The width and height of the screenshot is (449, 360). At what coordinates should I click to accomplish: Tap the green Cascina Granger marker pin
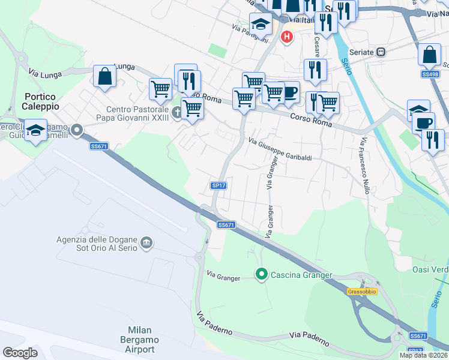click(x=261, y=275)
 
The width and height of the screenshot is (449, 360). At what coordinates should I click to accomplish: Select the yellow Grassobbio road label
click(x=362, y=292)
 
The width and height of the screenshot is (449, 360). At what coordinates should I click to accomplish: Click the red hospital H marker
click(x=287, y=37)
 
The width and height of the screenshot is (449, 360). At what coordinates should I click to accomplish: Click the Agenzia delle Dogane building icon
click(x=146, y=243)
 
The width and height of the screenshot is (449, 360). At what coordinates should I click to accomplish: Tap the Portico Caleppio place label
click(x=41, y=101)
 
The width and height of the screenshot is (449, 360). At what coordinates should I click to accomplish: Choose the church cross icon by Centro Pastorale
click(x=176, y=113)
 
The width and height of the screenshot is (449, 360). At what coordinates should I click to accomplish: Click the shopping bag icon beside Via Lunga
click(x=104, y=77)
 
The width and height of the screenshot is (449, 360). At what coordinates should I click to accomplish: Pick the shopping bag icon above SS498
click(x=430, y=55)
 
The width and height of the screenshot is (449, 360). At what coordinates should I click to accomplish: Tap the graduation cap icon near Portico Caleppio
click(x=37, y=131)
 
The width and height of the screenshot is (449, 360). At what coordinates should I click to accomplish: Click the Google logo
click(x=20, y=353)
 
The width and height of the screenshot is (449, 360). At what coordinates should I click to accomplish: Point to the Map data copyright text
click(x=424, y=355)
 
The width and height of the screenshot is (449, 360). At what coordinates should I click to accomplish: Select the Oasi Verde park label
click(x=430, y=269)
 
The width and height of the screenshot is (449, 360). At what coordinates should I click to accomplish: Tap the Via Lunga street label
click(x=42, y=74)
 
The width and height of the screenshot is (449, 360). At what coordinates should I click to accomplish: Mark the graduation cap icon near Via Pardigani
click(x=261, y=24)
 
